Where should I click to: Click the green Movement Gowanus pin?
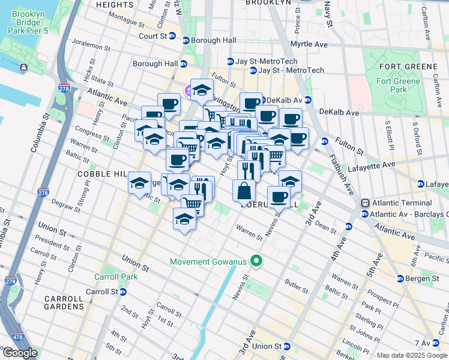[x=257, y=261]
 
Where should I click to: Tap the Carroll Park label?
[x=116, y=277]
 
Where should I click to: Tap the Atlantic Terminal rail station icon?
[x=364, y=203]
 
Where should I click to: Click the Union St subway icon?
[x=287, y=346]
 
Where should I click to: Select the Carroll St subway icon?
[x=123, y=292]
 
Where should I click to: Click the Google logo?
[x=20, y=353]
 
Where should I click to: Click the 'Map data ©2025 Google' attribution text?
[x=412, y=355]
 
